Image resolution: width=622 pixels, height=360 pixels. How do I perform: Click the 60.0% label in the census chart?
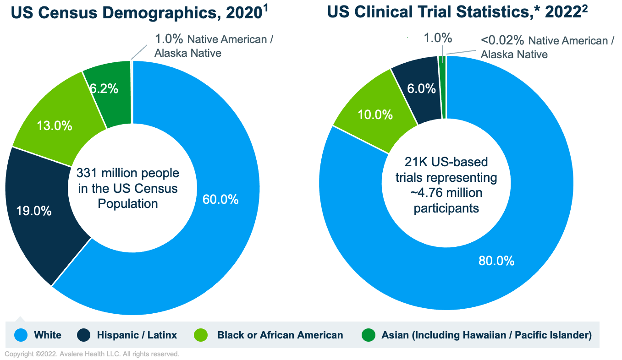tap(220, 200)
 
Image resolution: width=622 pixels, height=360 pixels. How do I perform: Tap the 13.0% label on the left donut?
tap(54, 125)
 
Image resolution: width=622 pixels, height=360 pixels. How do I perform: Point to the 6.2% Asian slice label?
tap(104, 89)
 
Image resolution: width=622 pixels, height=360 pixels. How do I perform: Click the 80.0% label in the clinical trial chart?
tap(496, 261)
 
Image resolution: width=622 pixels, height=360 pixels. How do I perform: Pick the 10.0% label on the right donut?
tap(374, 115)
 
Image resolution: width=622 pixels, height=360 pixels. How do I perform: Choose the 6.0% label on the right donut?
tap(421, 89)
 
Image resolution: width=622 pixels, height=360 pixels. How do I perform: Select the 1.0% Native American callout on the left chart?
tap(170, 39)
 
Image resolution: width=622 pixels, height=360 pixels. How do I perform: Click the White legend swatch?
tap(21, 335)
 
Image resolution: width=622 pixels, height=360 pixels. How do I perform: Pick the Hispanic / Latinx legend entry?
tap(137, 335)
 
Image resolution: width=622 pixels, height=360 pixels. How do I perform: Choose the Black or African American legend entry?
tap(280, 335)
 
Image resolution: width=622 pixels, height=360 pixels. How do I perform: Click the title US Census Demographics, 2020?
tap(137, 13)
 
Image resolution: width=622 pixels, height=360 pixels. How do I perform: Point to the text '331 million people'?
tap(128, 174)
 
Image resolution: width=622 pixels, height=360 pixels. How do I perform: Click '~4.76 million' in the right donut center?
tap(446, 193)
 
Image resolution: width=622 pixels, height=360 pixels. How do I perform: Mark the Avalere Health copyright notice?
tap(92, 354)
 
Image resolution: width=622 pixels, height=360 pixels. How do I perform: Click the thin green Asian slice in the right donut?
tap(442, 87)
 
